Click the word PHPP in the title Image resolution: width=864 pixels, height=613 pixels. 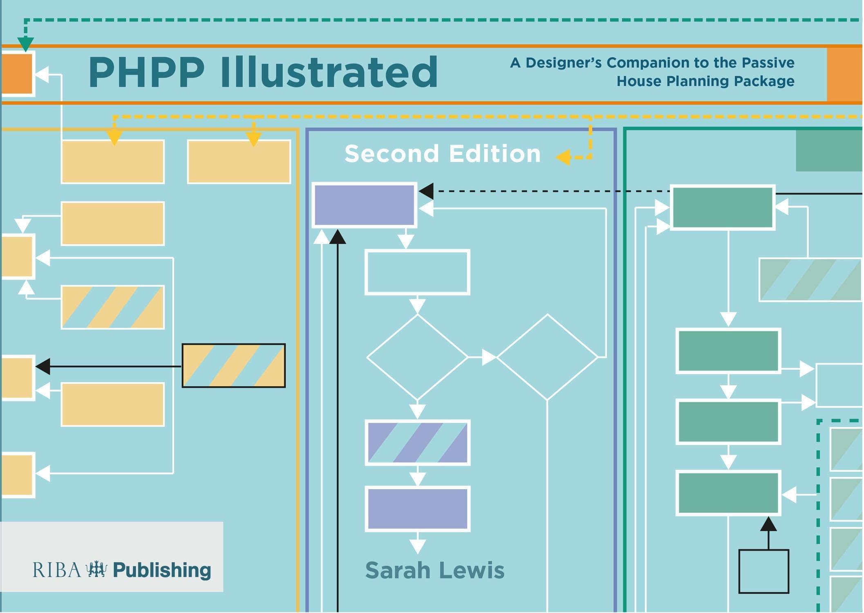(146, 72)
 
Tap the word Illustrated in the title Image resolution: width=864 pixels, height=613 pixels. (329, 72)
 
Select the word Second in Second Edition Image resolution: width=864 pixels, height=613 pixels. (391, 154)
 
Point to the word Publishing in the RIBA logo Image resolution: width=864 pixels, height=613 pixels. (162, 570)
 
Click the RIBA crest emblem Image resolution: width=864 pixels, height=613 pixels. (96, 569)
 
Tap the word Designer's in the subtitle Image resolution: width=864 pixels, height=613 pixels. (563, 63)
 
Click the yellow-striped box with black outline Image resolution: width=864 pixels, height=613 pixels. (233, 365)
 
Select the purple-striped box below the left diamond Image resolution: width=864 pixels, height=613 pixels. (417, 443)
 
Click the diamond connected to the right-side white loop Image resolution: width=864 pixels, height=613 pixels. (547, 357)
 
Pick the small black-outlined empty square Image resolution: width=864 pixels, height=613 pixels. (763, 571)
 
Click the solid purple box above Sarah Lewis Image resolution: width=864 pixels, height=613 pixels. (417, 509)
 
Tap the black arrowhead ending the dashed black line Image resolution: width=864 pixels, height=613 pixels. (427, 191)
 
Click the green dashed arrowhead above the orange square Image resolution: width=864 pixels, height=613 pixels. (25, 43)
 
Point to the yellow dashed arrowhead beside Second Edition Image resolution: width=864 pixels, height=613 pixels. (564, 157)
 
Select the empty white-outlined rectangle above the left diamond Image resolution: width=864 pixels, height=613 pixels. (417, 272)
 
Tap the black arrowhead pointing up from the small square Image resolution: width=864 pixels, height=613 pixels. (768, 524)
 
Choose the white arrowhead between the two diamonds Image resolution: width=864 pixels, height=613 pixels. (489, 357)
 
